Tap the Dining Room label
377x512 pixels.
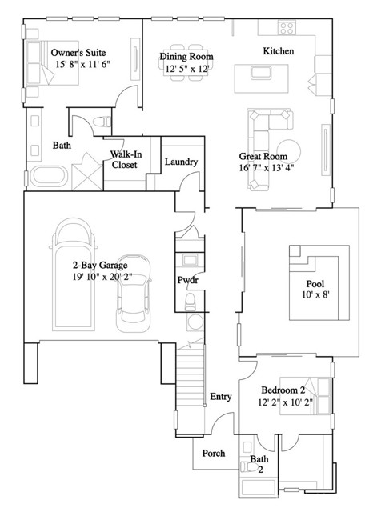coord(186,57)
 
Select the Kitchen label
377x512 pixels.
coord(279,51)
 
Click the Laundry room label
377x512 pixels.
coord(181,162)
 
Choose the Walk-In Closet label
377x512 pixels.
coord(124,159)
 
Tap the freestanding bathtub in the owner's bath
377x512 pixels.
coord(49,177)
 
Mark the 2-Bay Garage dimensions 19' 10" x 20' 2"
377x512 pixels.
coord(102,277)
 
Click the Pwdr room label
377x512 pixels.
coord(188,280)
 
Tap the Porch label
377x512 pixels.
coord(213,454)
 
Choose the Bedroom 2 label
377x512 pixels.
coord(283,390)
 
